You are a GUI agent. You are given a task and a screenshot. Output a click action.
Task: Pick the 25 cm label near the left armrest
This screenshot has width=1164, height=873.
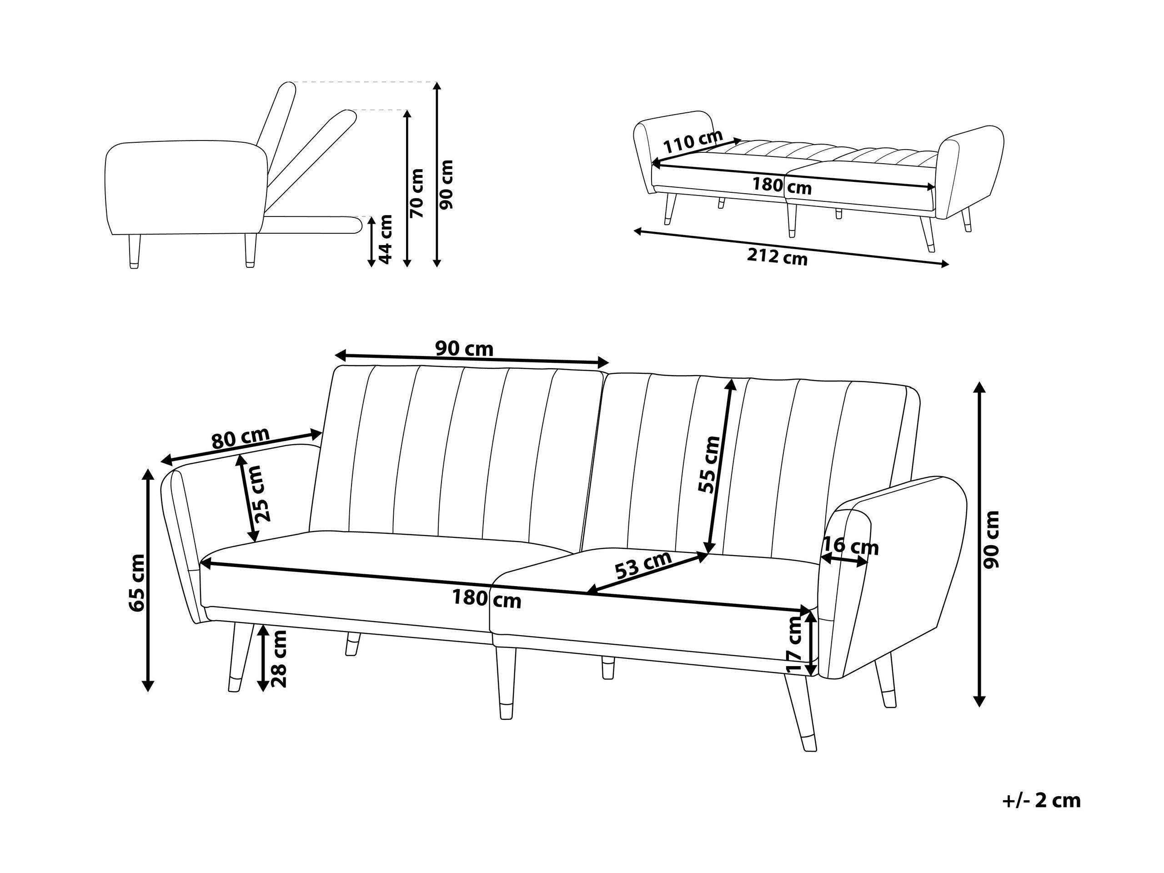(x=261, y=494)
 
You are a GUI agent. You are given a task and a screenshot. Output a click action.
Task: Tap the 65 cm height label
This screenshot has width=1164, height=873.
(x=137, y=582)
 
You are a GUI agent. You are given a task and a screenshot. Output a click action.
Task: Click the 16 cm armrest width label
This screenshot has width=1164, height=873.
(x=850, y=547)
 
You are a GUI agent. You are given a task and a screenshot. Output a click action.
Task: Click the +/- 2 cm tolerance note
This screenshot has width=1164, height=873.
(x=1041, y=816)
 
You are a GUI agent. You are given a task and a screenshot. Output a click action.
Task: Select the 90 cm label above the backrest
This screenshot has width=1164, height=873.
(x=464, y=348)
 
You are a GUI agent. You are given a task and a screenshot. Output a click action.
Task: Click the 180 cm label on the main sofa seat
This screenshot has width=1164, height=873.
(x=487, y=599)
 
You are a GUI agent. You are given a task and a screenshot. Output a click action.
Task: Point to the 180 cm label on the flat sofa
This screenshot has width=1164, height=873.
(x=782, y=186)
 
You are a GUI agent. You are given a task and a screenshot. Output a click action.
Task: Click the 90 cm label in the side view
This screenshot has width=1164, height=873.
(x=446, y=185)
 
